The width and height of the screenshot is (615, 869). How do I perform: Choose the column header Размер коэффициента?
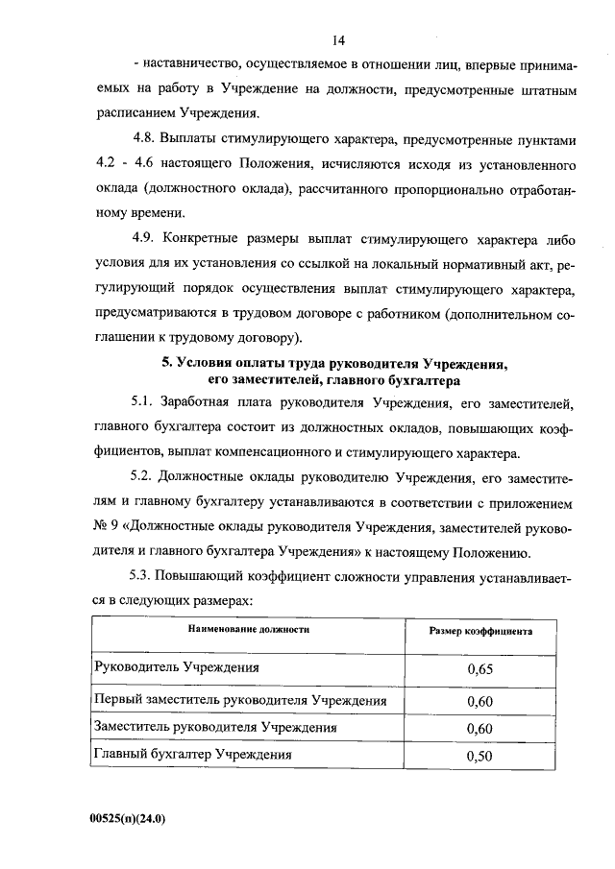coord(480,630)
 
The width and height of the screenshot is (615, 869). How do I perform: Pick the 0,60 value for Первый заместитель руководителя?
coord(479,701)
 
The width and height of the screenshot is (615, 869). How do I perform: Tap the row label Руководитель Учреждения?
coord(176,665)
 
